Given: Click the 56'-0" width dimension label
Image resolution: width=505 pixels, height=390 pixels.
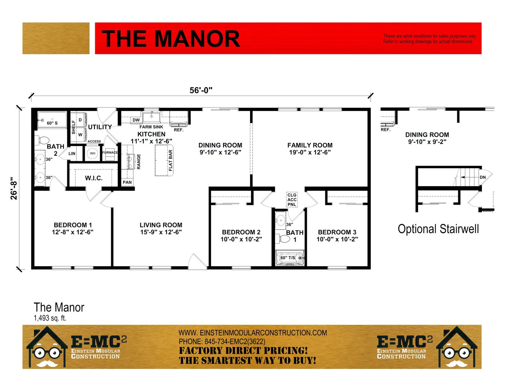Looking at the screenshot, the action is tap(201, 90).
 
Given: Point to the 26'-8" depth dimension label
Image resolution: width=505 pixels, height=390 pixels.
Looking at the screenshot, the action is tap(14, 189).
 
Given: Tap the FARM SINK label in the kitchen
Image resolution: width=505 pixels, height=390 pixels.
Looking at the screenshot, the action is tap(151, 127).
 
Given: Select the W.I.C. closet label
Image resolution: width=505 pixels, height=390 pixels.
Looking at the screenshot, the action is tap(94, 178).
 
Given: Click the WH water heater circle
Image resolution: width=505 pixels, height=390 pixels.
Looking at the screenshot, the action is tap(93, 153).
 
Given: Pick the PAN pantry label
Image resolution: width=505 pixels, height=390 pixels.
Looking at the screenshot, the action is tap(127, 182).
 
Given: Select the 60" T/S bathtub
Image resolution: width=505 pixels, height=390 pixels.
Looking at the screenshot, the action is tap(290, 258).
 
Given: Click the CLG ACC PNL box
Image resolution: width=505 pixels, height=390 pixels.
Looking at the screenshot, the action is tap(292, 200).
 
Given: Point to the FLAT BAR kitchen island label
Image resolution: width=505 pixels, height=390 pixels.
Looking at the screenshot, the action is tap(170, 160).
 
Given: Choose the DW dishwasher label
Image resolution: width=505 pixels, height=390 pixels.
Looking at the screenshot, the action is tap(136, 120).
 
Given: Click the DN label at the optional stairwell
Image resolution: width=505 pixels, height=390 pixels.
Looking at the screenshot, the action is tap(483, 177).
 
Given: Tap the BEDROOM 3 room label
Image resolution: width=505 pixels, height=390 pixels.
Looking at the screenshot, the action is tap(337, 232).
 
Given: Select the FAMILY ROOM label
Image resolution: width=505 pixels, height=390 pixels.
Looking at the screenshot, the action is tap(310, 145).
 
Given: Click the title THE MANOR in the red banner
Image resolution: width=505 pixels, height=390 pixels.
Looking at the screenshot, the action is tap(171, 39).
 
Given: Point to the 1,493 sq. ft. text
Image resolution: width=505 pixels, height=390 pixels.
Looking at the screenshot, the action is tap(50, 318).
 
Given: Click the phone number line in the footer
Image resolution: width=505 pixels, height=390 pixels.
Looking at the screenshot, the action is tap(222, 342).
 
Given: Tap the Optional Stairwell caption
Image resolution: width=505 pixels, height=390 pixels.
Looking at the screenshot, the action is tap(438, 229).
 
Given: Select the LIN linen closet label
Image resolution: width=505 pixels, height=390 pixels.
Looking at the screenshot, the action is tap(72, 154).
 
